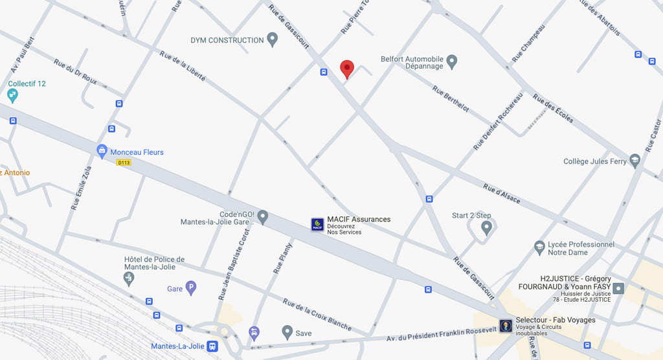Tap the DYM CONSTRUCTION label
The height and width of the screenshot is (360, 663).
coord(227,40)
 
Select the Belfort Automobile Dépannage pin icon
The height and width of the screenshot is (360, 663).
coord(452,62)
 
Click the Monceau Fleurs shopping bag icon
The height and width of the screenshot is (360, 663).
coord(102,152)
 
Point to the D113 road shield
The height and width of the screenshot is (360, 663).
coord(124,163)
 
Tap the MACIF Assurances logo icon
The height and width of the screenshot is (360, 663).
coord(318,225)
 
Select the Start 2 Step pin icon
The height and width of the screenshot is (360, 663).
coord(487,227)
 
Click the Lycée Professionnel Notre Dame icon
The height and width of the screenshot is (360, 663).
coord(539,247)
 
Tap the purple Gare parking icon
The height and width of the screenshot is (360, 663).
coord(190,288)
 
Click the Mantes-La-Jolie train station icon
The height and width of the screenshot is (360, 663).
coord(212,346)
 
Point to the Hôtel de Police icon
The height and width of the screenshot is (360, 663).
coord(129,278)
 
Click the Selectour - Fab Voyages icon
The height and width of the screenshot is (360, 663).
coord(506,325)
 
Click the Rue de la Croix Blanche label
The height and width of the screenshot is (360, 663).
coord(317,314)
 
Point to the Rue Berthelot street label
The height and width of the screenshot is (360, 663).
coord(451,99)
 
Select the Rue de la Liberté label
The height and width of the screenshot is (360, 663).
coord(183,66)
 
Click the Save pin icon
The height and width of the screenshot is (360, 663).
coord(287,332)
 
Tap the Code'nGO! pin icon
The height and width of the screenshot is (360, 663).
coord(262,216)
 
